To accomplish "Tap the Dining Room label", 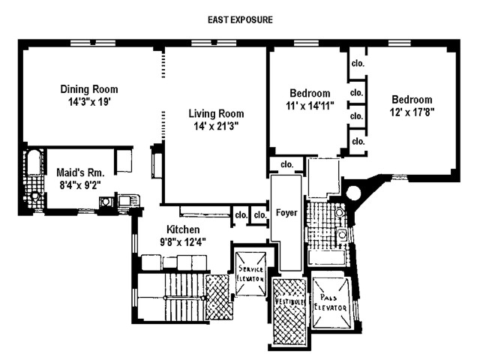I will pos(89,89).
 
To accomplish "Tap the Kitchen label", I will pos(182,229).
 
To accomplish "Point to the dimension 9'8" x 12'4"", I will pos(182,241).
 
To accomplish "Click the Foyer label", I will pos(286,213).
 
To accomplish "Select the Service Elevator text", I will pos(250,273).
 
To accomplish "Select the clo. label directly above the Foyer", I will pos(286,164).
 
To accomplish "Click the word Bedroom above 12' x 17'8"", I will pos(412,99).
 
